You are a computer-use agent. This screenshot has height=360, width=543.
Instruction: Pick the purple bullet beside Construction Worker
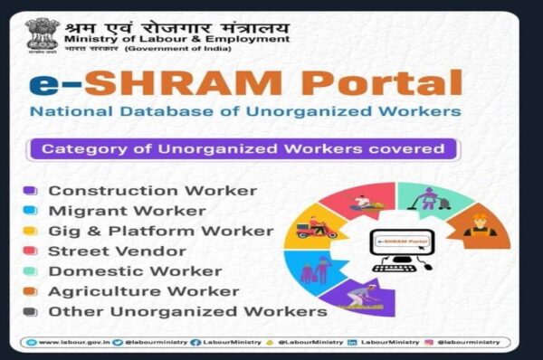click(30, 191)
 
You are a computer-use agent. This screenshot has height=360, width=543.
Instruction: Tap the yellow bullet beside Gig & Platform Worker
click(30, 231)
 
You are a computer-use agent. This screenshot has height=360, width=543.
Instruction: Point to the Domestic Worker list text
click(120, 270)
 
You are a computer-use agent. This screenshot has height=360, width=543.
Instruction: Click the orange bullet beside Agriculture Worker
click(30, 291)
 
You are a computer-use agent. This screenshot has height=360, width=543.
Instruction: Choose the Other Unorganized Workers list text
click(187, 311)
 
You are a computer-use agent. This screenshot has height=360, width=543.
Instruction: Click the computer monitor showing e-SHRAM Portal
click(399, 246)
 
